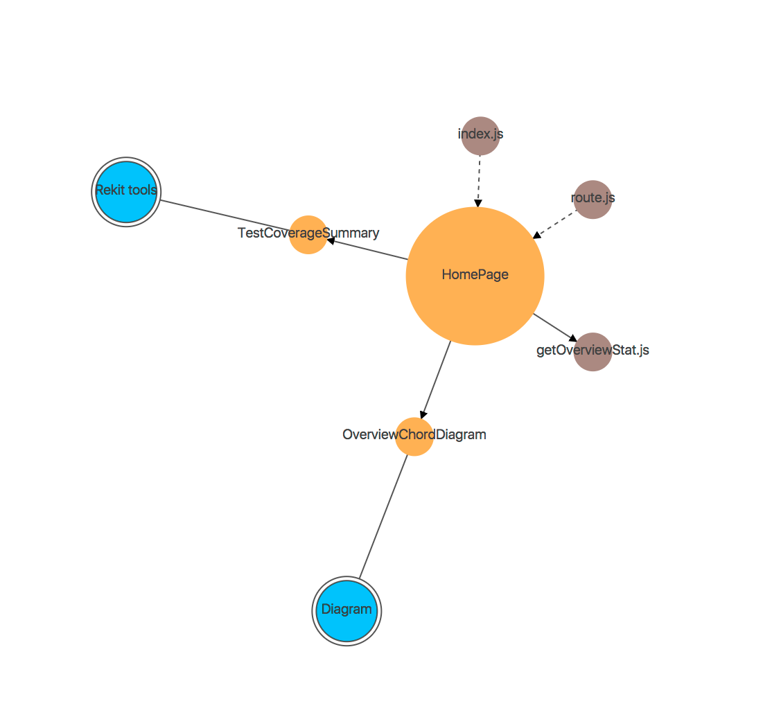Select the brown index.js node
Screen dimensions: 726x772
point(480,136)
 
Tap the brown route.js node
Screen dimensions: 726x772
point(593,200)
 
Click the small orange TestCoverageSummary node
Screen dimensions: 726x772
point(308,235)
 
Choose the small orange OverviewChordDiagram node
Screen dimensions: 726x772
point(414,436)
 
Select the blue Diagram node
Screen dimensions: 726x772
point(346,611)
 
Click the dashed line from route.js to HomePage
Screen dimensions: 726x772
point(557,222)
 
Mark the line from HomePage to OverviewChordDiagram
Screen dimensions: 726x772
point(436,378)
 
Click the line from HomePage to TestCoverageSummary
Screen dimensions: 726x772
point(371,250)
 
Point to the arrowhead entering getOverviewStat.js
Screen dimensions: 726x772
point(572,338)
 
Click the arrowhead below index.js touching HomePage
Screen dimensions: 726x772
point(478,203)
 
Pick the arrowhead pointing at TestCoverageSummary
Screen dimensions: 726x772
point(331,240)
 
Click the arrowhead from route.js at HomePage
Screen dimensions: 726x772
point(536,236)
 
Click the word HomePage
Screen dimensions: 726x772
point(475,275)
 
